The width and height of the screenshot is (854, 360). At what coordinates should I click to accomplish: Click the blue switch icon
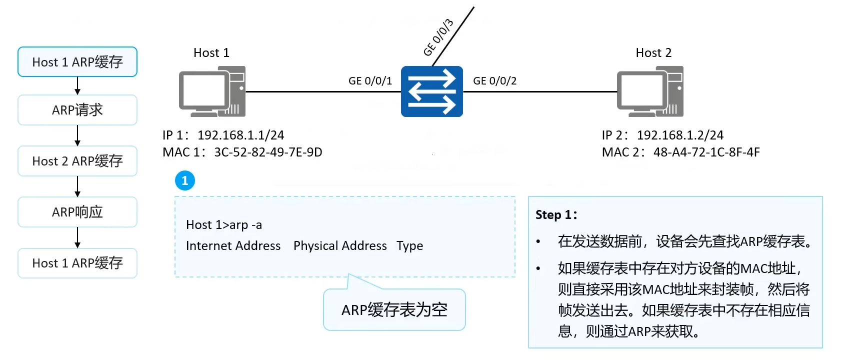click(x=431, y=91)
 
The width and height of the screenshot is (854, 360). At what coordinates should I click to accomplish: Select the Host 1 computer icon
click(x=212, y=91)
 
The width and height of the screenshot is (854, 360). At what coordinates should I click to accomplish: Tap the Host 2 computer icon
click(x=650, y=91)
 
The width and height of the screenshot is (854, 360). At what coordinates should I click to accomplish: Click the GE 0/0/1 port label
click(x=370, y=81)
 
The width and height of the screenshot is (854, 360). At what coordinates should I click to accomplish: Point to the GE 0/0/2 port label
click(x=494, y=81)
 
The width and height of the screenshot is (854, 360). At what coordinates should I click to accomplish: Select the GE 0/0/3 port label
click(x=438, y=37)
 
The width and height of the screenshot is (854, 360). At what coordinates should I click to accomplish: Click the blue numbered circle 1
click(x=185, y=180)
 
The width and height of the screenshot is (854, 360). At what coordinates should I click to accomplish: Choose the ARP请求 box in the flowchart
click(x=77, y=110)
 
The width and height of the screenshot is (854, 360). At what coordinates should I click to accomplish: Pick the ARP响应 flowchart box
click(x=77, y=212)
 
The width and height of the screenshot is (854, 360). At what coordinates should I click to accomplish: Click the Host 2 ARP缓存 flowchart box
click(x=77, y=161)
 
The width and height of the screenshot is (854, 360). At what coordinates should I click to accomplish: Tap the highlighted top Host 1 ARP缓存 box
click(x=77, y=62)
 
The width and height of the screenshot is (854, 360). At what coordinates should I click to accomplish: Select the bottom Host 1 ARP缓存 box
click(x=77, y=263)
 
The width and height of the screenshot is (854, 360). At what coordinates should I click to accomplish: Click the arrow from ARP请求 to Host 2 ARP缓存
click(x=77, y=135)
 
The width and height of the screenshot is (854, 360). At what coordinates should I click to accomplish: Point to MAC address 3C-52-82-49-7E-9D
click(x=268, y=152)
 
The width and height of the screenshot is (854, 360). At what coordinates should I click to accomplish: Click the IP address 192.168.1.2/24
click(x=680, y=135)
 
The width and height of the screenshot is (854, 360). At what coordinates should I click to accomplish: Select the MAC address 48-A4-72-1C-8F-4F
click(x=706, y=152)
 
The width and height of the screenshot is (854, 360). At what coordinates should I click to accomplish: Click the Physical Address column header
click(x=340, y=246)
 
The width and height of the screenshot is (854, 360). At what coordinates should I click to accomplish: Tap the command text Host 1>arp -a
click(x=224, y=225)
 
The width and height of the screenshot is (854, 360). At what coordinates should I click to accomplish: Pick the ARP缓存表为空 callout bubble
click(x=394, y=309)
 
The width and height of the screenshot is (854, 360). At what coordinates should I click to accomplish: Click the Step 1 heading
click(x=556, y=214)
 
